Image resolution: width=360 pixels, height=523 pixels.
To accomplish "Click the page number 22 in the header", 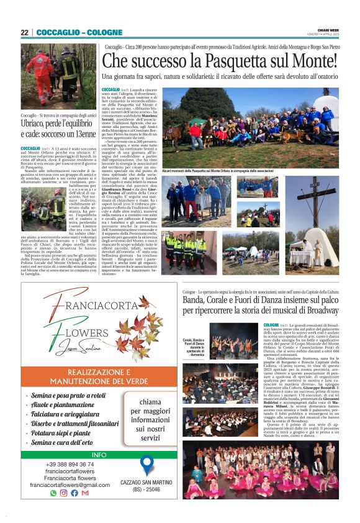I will tap(25, 32).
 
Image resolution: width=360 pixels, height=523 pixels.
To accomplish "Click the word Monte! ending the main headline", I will tap(315, 61).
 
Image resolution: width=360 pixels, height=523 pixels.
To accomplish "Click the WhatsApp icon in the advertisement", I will tap(54, 493).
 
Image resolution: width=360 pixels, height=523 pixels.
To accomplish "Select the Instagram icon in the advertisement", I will tap(64, 493).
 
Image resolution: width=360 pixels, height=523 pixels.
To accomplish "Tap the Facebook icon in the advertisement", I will tap(74, 493).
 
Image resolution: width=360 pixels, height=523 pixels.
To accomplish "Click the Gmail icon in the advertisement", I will tap(85, 493).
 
